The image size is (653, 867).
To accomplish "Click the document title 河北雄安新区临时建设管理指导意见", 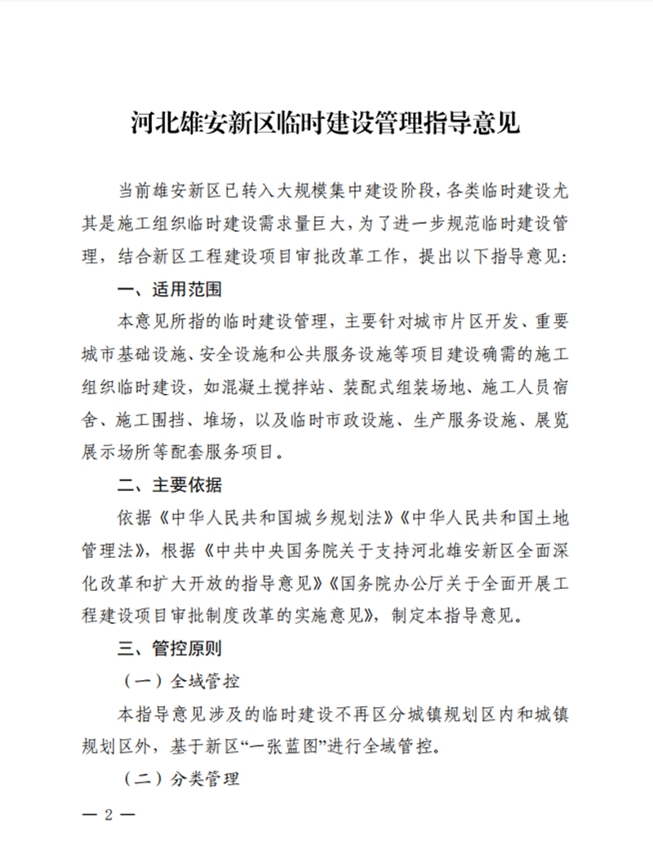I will pos(326,124).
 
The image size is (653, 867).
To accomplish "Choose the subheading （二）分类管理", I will pos(181,779).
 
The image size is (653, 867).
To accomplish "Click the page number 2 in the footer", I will pos(108,816).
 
